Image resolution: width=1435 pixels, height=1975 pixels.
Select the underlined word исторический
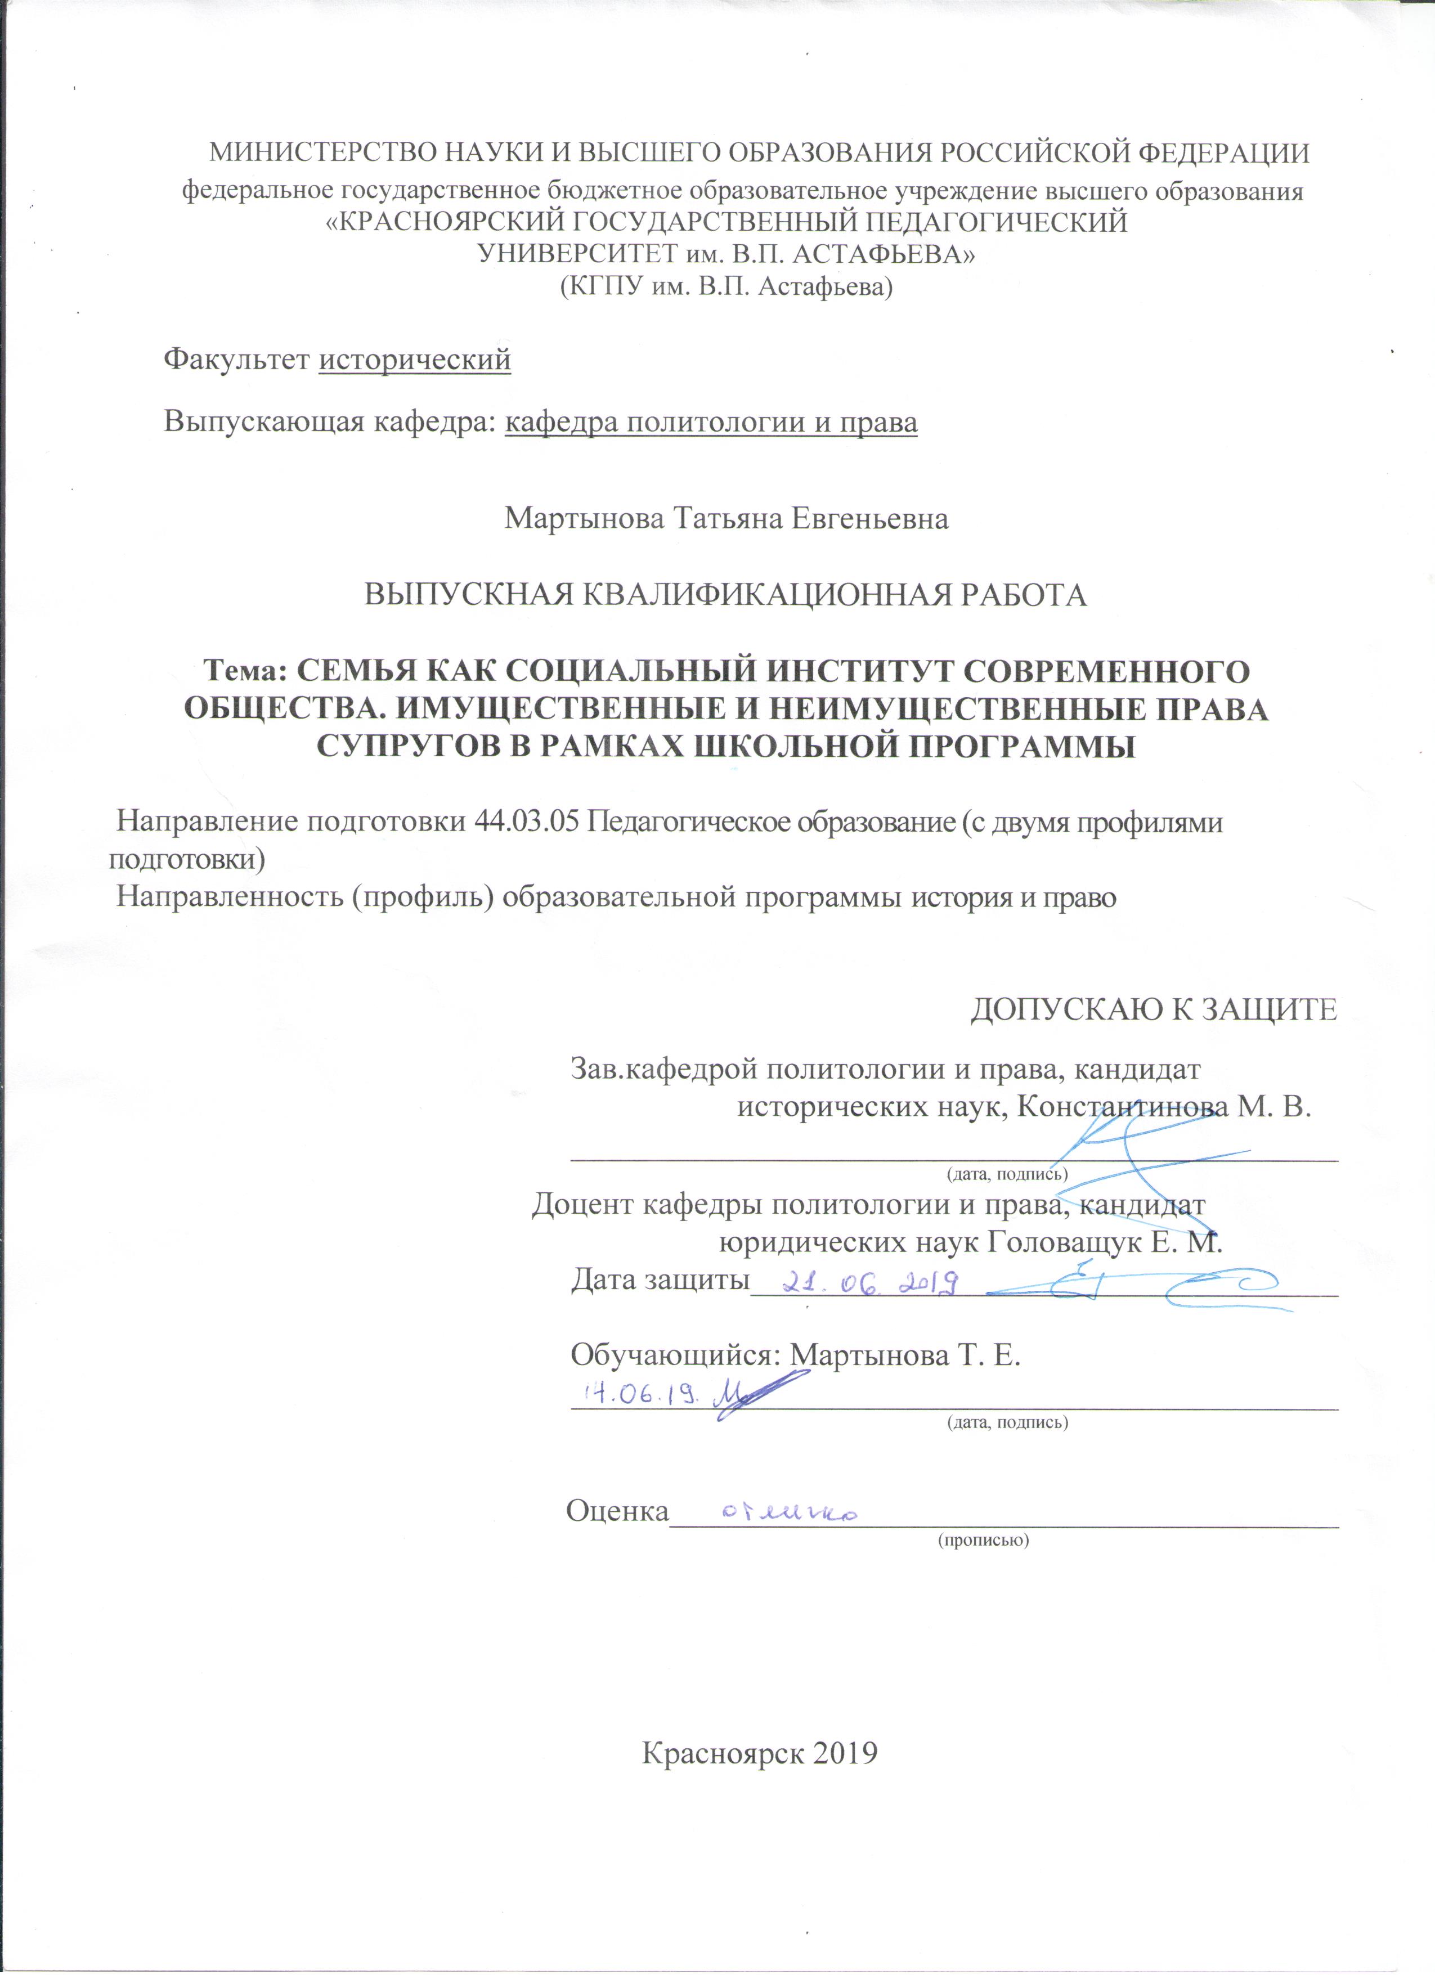click(415, 359)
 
